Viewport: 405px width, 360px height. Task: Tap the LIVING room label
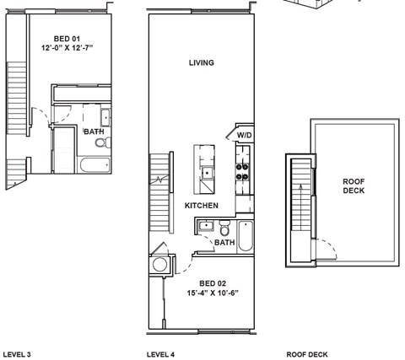201,63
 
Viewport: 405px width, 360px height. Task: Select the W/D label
244,135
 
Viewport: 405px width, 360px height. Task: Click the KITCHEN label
202,206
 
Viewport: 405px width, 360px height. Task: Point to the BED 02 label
212,283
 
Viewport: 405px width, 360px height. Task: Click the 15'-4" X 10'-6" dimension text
212,293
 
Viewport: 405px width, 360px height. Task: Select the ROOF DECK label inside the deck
354,185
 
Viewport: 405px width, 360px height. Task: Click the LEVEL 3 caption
17,354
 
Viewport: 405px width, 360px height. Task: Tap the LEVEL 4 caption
160,354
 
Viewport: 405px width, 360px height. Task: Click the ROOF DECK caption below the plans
307,354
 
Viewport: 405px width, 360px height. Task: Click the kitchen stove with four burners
243,171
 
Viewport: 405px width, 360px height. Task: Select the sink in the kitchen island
206,172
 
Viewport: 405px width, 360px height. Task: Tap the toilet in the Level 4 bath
224,228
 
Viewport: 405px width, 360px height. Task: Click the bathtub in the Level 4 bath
246,236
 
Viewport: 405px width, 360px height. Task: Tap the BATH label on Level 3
93,131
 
